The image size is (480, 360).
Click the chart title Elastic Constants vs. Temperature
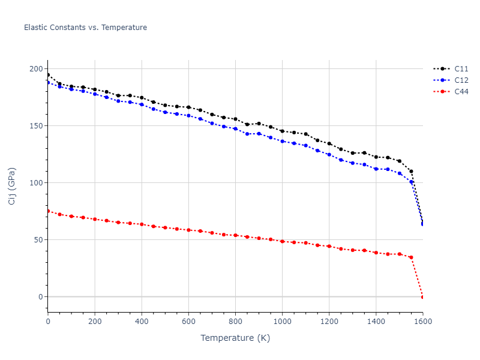coord(85,28)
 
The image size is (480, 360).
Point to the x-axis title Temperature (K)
coord(235,338)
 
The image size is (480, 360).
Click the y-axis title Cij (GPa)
coord(12,186)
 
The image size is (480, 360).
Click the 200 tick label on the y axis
coord(36,69)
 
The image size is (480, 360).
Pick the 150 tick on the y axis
coord(36,126)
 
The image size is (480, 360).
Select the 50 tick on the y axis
coord(38,240)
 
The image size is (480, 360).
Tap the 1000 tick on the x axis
coord(282,322)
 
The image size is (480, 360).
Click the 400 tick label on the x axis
coord(142,322)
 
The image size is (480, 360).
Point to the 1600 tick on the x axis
coord(422,322)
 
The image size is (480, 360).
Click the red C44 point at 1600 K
coord(422,297)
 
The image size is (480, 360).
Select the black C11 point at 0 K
coord(48,75)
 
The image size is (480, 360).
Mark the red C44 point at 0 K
coord(48,211)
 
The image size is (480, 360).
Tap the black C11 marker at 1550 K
coord(411,172)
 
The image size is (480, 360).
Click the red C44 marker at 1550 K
coord(411,257)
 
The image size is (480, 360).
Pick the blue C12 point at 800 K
coord(235,128)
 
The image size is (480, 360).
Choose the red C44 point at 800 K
coord(235,235)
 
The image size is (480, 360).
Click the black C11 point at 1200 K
coord(329,143)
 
